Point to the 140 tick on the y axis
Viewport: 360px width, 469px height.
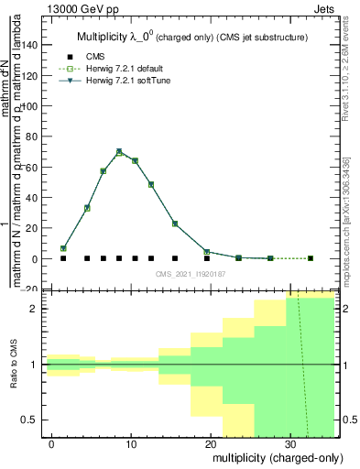[x=35, y=44]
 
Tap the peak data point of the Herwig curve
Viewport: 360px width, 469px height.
[x=119, y=152]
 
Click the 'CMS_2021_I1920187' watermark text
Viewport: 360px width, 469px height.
[x=191, y=274]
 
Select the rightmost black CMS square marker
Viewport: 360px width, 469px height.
[x=310, y=258]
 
